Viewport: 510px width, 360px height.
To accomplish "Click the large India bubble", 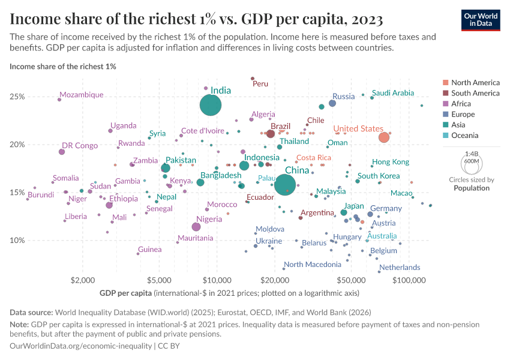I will coord(211,106).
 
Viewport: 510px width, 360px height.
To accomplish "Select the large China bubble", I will coord(286,184).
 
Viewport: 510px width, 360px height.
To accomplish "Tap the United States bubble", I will coord(384,138).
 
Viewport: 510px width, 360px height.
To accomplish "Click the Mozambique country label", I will coord(82,95).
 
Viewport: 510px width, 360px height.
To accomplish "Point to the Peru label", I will coord(260,84).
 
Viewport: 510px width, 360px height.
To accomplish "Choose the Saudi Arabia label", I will coord(393,93).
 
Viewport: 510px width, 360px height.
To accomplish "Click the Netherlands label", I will coord(400,268).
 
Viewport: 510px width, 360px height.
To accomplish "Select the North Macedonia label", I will coord(313,265).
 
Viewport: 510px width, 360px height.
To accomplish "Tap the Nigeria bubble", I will coord(196,227).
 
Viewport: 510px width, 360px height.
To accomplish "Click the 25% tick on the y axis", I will coord(17,97).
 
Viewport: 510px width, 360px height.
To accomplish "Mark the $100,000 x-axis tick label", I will coord(410,280).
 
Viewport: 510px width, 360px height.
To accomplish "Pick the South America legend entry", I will coord(475,93).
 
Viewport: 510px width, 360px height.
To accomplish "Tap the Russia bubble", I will coord(332,103).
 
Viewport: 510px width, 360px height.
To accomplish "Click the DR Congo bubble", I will coord(62,152).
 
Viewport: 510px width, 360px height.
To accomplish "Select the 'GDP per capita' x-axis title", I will coord(125,293).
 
